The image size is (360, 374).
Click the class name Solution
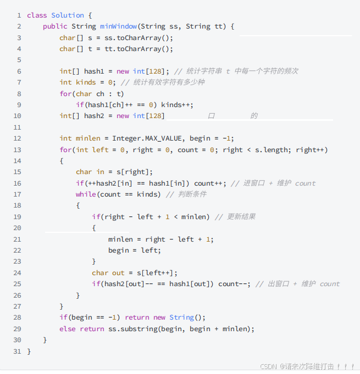click(x=68, y=15)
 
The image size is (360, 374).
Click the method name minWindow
click(x=118, y=26)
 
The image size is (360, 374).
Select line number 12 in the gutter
click(x=17, y=138)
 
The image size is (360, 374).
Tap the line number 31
click(x=17, y=351)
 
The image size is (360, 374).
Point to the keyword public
click(x=55, y=26)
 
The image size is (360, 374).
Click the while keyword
click(x=86, y=194)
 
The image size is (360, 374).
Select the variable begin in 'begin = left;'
click(x=118, y=250)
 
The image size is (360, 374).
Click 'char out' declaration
click(x=108, y=272)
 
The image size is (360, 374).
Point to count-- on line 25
click(x=235, y=284)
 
